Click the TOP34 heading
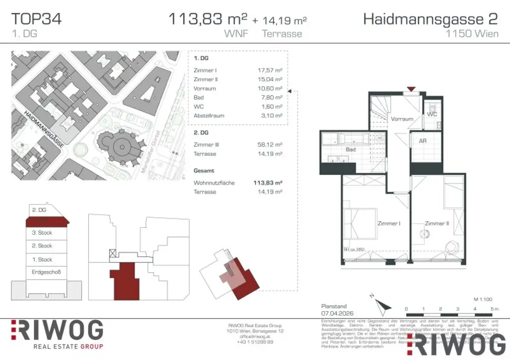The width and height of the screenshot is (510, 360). point(36,19)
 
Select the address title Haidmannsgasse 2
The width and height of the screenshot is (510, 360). point(430,19)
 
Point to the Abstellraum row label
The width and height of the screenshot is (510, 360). point(209,116)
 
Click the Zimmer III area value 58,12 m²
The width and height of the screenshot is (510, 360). point(273,144)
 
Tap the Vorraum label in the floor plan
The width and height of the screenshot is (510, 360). point(402,119)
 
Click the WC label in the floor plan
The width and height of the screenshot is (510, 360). point(432,114)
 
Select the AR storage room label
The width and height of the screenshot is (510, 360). point(422,141)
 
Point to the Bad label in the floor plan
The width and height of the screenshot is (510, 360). point(351,149)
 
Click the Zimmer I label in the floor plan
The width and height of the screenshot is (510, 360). point(388,224)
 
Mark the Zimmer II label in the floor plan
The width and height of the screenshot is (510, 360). point(437,224)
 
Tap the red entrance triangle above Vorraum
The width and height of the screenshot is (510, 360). point(410,90)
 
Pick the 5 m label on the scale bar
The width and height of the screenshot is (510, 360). point(494,309)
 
